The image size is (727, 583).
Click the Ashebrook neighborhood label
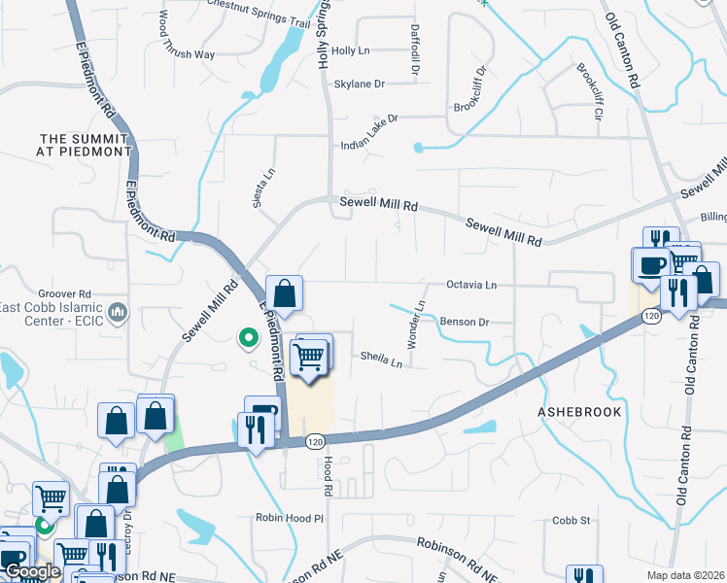tap(578, 412)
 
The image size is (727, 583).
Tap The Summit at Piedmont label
tap(86, 145)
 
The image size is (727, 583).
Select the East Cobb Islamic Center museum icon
tap(118, 312)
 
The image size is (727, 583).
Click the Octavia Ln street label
tap(471, 286)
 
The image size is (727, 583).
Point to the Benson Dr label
tap(463, 322)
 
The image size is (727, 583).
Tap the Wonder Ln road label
tap(416, 326)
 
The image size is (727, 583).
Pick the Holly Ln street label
tap(351, 50)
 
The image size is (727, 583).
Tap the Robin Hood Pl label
tap(289, 518)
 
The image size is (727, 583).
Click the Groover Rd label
tap(64, 292)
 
